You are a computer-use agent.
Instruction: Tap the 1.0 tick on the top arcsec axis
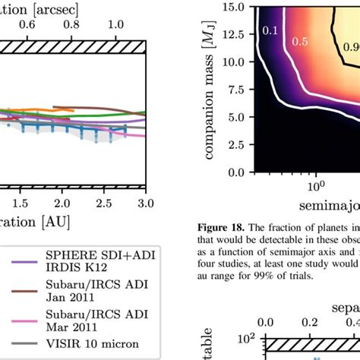click(x=116, y=24)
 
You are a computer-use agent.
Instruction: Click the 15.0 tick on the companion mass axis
click(x=236, y=8)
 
